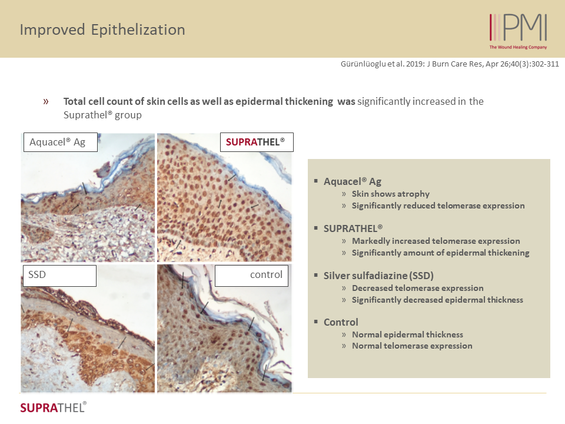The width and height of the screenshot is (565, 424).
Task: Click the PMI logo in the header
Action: pos(518,31)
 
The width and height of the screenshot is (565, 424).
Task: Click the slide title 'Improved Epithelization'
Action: pos(102,29)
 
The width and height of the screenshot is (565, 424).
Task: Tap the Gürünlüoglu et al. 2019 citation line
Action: pos(450,64)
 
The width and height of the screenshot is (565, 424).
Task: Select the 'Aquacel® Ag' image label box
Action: pos(61,142)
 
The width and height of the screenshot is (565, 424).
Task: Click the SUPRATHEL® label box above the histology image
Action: pos(257,142)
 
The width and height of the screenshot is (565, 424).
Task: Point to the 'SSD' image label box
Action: pos(60,276)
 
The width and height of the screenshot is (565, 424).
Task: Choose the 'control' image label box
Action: pos(251,276)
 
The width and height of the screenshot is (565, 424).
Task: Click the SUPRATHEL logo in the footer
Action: pos(54,408)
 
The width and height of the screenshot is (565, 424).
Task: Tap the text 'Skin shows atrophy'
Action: pos(391,194)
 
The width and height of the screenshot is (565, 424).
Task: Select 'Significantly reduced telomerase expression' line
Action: pos(438,206)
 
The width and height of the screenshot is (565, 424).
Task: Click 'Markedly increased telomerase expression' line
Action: pos(436,241)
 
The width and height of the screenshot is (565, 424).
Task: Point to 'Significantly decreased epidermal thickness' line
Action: pos(437,300)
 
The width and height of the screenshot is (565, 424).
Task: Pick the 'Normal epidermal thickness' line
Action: pos(407,334)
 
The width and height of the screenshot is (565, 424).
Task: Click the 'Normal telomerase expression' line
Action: pos(412,346)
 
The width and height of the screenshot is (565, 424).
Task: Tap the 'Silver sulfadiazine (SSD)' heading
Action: pos(378,276)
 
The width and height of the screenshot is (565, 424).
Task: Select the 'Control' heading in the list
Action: pos(341,322)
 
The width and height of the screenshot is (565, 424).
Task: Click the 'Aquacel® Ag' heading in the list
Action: pos(353,181)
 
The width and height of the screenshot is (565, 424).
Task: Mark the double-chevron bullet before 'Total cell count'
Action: pos(46,101)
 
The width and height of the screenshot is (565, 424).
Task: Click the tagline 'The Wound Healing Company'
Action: pos(518,47)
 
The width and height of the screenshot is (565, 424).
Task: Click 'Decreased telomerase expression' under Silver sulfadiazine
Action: pos(418,288)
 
